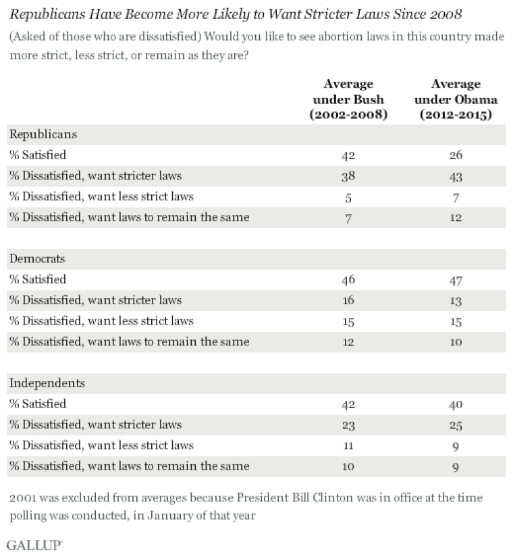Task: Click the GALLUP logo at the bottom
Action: [34, 545]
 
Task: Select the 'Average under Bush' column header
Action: [348, 99]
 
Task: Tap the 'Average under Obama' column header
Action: [456, 99]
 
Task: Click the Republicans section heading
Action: [43, 134]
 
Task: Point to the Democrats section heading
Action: [37, 258]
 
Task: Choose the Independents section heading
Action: [47, 383]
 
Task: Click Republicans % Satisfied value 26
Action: [456, 155]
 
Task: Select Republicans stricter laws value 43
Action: [456, 176]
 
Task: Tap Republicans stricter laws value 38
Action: [348, 176]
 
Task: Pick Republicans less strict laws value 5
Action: [348, 197]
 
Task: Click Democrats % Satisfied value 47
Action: [456, 280]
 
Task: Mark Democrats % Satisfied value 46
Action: [348, 280]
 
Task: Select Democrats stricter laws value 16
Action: [348, 300]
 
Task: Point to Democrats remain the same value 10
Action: [456, 342]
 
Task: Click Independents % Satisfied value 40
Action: [456, 404]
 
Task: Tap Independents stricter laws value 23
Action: [348, 425]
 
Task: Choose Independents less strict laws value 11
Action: [348, 445]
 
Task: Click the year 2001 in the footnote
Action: [23, 498]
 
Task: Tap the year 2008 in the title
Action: [446, 14]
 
